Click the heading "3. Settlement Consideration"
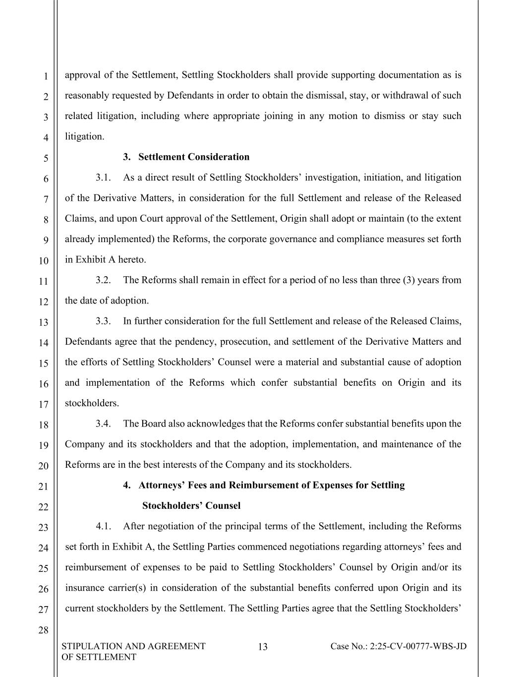coord(186,157)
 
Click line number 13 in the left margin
coord(45,322)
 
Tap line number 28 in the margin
coord(45,630)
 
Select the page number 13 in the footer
coord(263,646)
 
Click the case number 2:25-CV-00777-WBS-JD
coord(399,646)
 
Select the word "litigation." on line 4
coord(85,137)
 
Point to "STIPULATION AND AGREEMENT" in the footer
coord(133,646)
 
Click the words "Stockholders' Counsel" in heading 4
coord(191,506)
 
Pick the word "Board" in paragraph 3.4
coord(153,424)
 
